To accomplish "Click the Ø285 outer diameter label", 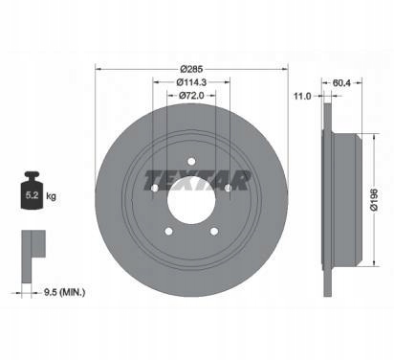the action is point(191,69).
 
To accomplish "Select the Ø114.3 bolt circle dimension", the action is point(191,82).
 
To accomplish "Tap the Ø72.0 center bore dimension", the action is point(191,96).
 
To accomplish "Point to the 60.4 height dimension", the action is point(341,83).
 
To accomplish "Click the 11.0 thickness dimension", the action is point(302,96).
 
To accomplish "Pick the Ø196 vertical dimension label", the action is point(374,199).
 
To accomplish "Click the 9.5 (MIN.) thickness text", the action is point(64,292).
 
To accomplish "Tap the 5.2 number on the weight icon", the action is point(32,195).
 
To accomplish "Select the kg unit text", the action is point(51,196).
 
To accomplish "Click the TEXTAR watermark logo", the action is point(197,180).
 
